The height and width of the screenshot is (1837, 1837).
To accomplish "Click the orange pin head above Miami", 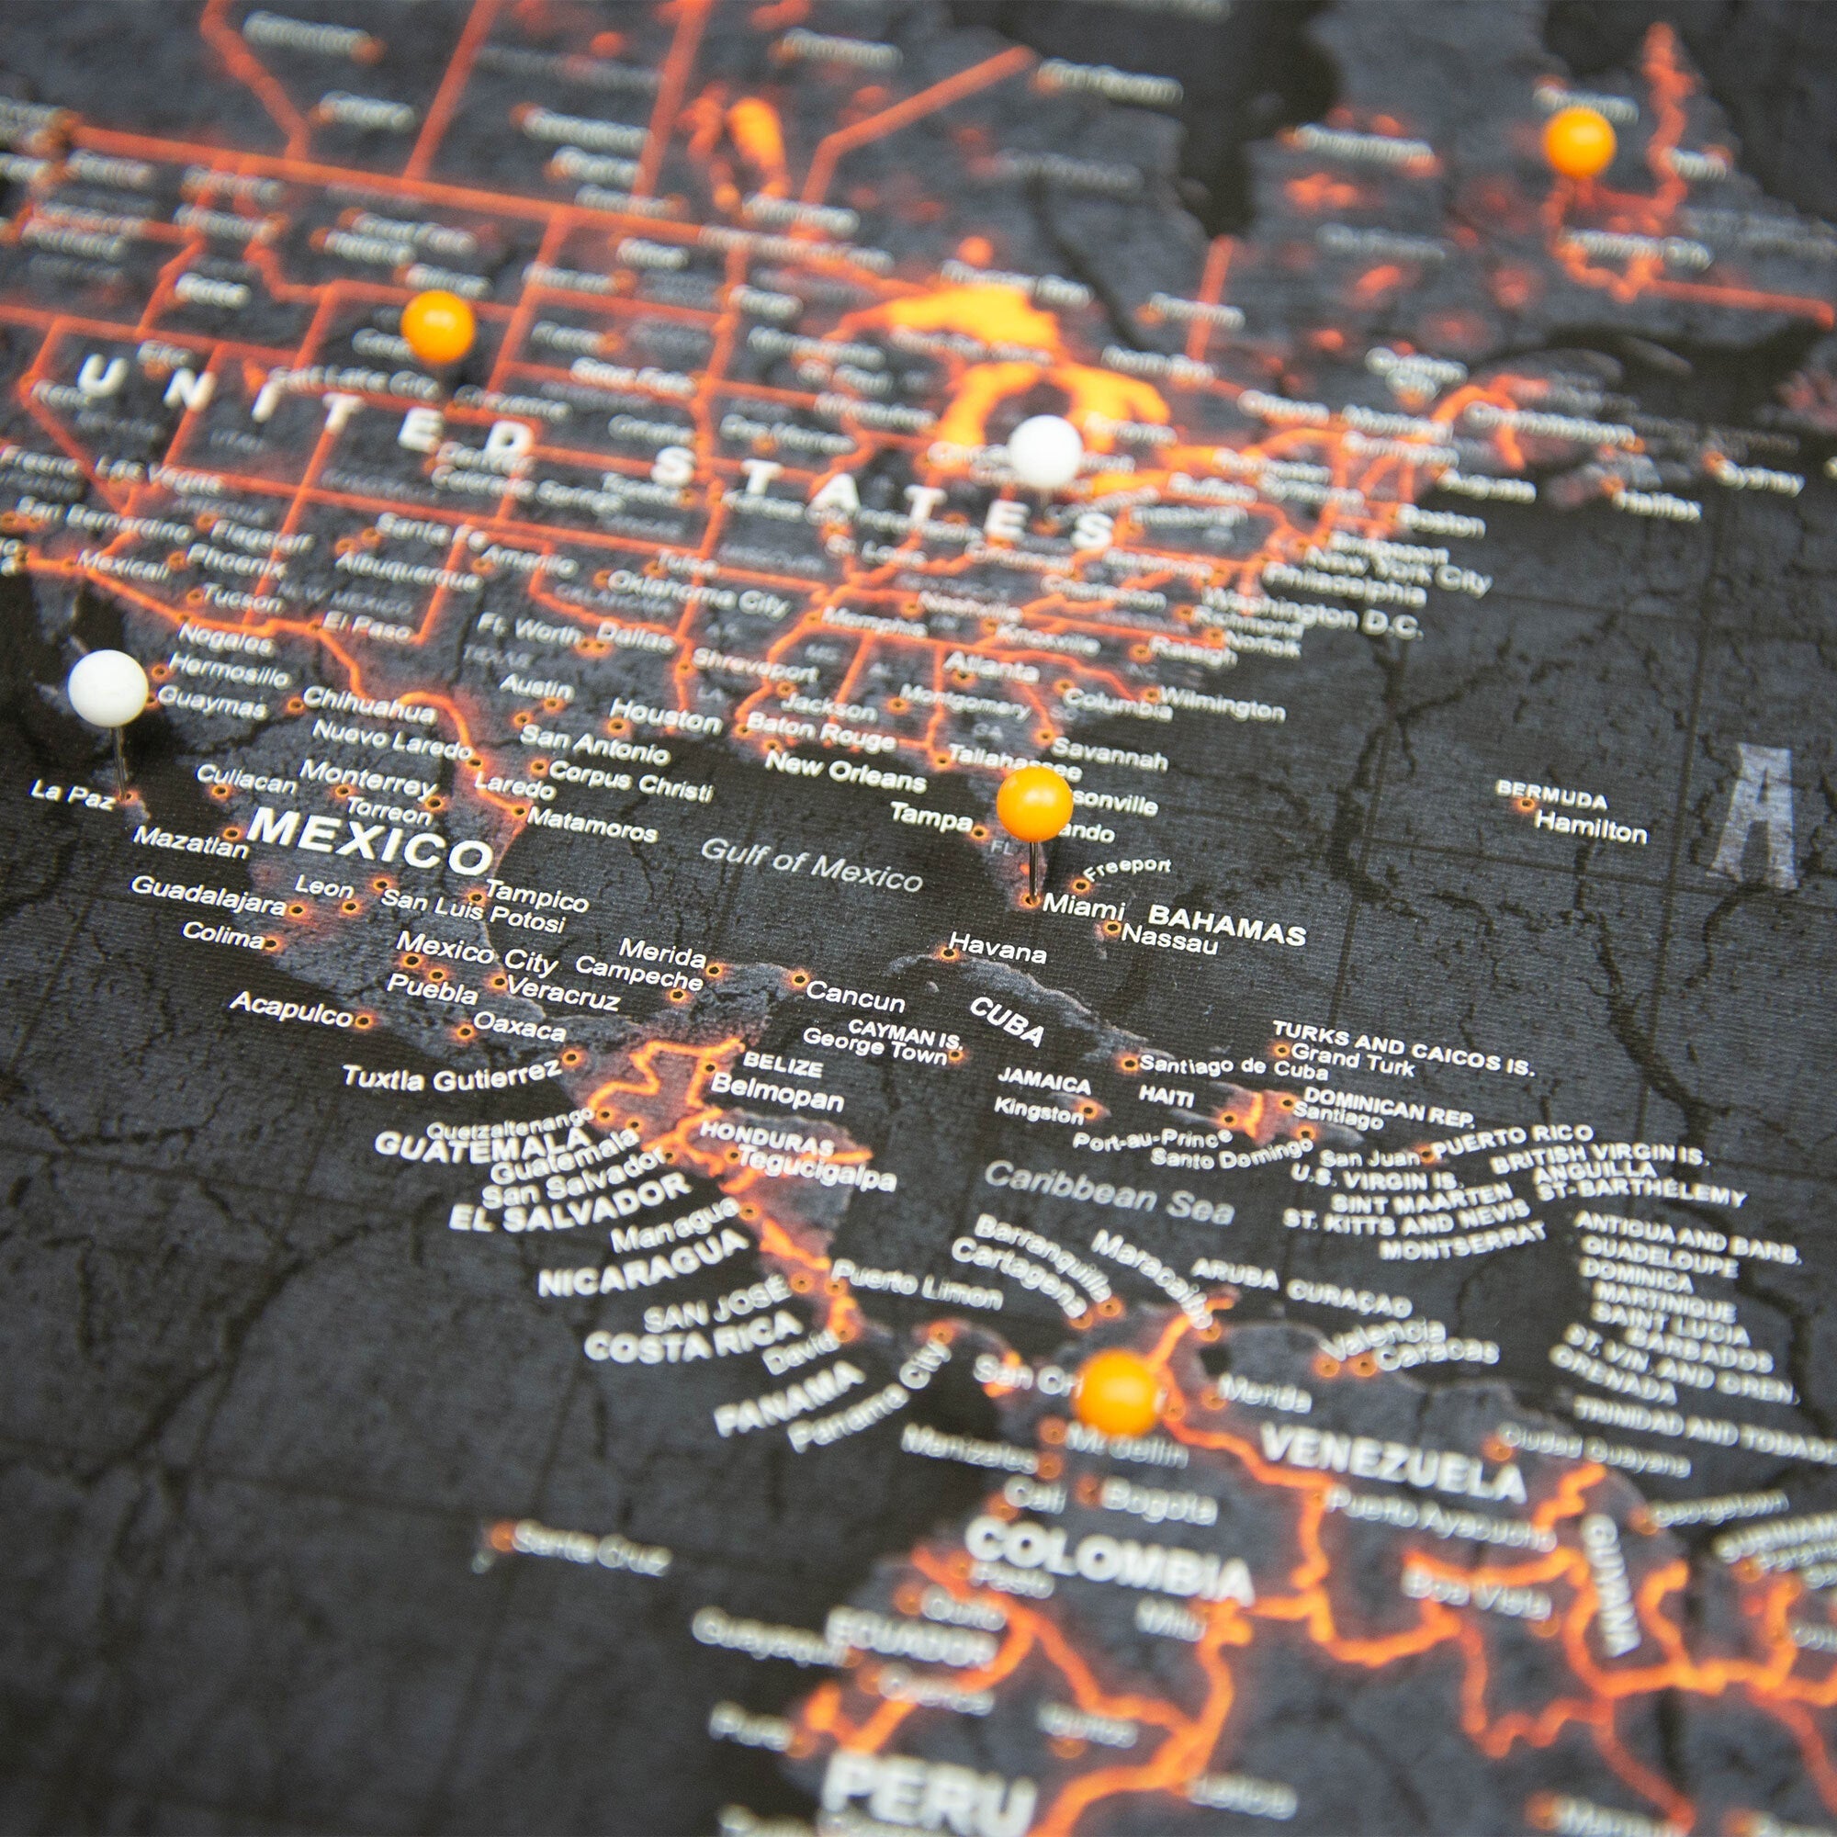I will pos(1034,804).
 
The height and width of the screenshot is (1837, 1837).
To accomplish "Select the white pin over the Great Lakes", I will pos(1045,453).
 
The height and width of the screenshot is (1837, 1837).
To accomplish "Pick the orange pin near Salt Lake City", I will pos(437,326).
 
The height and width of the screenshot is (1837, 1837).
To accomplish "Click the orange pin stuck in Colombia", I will pos(1117,1395).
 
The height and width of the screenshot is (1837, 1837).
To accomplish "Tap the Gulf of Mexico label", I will pos(811,863).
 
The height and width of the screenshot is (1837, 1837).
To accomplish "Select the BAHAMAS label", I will pos(1226,923).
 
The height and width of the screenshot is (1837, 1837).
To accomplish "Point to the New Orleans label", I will pos(845,772).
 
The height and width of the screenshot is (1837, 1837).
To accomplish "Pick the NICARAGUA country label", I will pos(644,1263).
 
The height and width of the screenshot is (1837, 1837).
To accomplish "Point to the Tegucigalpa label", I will pos(816,1170).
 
